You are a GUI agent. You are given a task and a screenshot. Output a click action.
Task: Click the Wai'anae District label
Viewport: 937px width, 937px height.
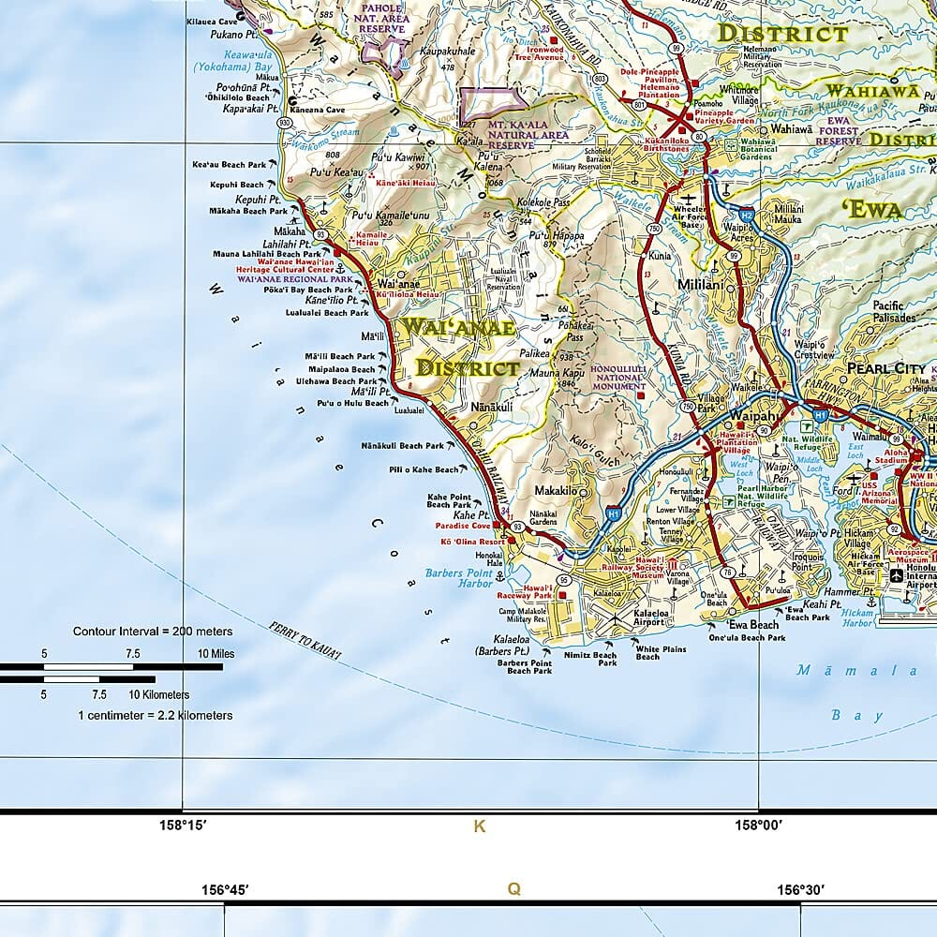[x=458, y=347]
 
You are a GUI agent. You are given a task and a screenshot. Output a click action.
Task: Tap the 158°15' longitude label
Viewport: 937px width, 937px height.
[x=182, y=825]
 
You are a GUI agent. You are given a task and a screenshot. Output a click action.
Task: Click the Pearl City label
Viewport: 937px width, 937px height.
[x=885, y=368]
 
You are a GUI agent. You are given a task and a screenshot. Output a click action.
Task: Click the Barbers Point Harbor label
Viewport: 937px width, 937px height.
[x=458, y=577]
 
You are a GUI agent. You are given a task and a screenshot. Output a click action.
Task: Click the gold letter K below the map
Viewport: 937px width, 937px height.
[x=480, y=825]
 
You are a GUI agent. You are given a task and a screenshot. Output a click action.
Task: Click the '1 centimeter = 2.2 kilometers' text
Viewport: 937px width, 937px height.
[x=155, y=715]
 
